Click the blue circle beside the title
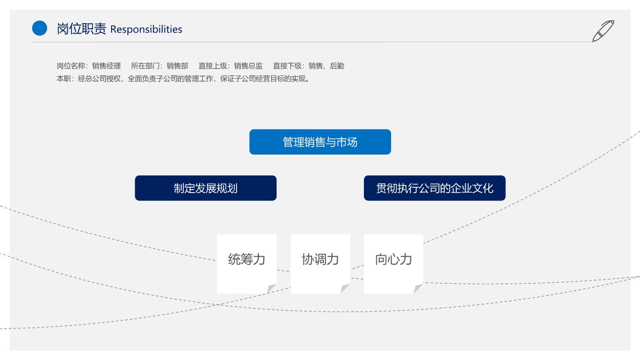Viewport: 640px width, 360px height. click(40, 28)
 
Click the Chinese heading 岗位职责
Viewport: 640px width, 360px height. click(81, 29)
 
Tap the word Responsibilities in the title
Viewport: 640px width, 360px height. click(146, 30)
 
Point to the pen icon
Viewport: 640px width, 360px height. click(603, 31)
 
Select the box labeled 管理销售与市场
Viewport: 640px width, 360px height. click(320, 142)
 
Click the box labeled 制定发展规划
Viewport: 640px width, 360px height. click(206, 188)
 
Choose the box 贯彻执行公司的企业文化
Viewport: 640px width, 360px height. click(435, 188)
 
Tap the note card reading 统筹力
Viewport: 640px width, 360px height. click(247, 264)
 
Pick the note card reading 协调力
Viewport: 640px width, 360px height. click(320, 264)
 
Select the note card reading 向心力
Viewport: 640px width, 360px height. click(394, 264)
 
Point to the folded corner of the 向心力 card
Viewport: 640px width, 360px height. click(418, 288)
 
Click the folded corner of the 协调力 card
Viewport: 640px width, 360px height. click(345, 288)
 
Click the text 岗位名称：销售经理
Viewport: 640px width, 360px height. click(88, 66)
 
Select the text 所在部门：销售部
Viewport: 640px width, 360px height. click(160, 66)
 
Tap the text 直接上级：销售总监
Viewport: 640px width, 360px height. click(231, 66)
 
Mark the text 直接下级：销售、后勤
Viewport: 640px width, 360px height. click(309, 66)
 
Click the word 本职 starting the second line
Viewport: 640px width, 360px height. click(63, 79)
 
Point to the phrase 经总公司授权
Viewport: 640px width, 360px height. click(99, 79)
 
